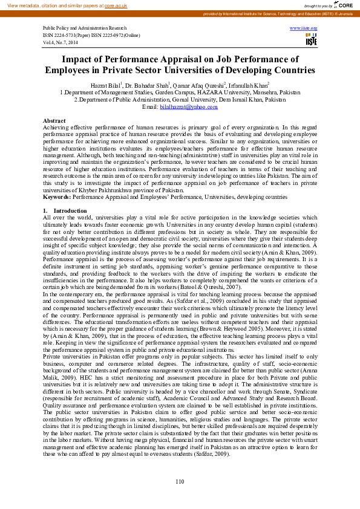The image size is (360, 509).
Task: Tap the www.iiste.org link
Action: (303, 28)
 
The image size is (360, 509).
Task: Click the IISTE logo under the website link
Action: (311, 40)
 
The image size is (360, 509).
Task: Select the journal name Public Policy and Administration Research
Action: (85, 28)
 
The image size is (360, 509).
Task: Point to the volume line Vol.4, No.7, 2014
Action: (60, 42)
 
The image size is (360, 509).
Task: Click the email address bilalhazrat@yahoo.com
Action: (180, 106)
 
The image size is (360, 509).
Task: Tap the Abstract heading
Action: (54, 122)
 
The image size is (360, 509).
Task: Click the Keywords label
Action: (57, 197)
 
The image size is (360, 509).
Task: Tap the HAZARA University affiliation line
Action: (180, 92)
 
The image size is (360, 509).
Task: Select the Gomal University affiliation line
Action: (180, 99)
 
